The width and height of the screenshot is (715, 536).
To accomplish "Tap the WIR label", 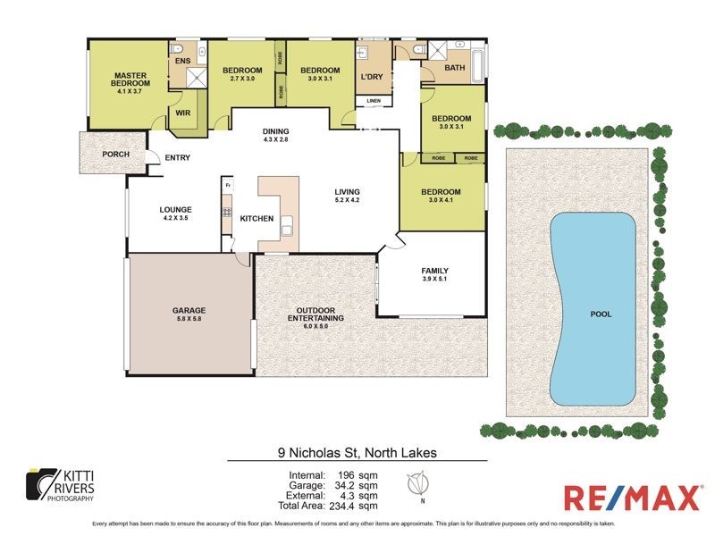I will coord(182,113).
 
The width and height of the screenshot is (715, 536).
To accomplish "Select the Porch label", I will coord(115,155).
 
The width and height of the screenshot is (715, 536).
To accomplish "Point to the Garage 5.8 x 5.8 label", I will coord(189,314).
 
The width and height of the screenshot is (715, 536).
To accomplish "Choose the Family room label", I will coord(434,275).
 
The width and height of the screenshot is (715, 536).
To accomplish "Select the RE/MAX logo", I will coord(630,498).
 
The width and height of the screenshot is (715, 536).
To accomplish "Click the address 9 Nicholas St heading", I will coord(356,453).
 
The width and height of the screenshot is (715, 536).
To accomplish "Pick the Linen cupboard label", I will coord(373,101).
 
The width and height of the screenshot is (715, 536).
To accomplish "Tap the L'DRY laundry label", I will coord(371,78).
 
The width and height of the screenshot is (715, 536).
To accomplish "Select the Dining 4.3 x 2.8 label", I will coord(275,136).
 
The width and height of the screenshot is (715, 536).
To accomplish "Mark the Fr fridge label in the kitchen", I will coord(228,185).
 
